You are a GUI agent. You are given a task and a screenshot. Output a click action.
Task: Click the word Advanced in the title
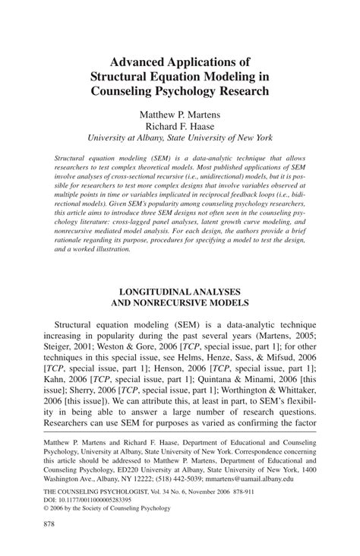[x=141, y=58]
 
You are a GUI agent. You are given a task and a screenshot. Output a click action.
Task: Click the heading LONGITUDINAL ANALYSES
[x=180, y=291]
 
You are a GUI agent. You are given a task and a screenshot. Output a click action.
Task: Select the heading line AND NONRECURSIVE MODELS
[x=180, y=304]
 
